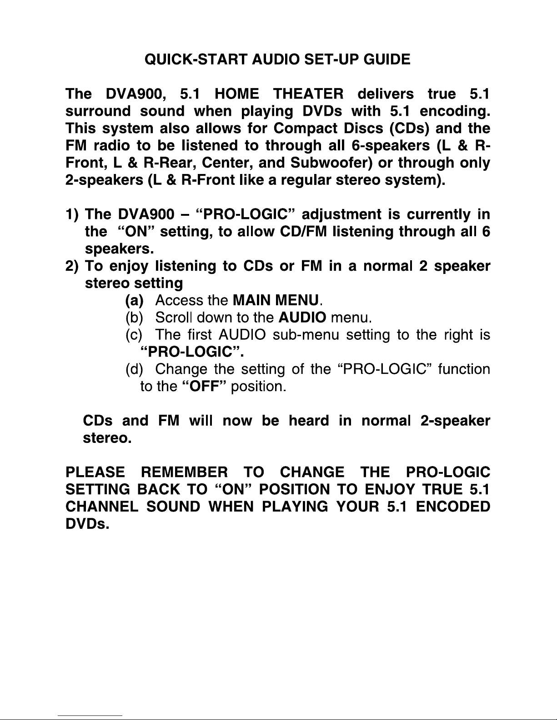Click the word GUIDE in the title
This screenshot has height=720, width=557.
click(x=387, y=60)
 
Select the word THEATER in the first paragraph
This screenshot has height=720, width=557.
click(x=308, y=94)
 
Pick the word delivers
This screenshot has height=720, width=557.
click(x=386, y=94)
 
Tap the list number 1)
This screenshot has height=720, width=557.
click(x=72, y=214)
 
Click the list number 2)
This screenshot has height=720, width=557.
click(x=72, y=266)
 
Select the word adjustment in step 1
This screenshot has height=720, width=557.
click(x=341, y=215)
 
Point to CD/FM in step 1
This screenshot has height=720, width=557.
click(x=303, y=232)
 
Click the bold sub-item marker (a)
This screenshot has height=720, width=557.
click(x=134, y=301)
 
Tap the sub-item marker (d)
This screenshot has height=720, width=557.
click(x=134, y=369)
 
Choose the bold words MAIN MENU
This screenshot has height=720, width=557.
click(x=276, y=300)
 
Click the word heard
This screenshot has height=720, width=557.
click(x=309, y=421)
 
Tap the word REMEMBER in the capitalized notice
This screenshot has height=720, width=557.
click(x=184, y=472)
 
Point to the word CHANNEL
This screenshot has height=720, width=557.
click(x=102, y=506)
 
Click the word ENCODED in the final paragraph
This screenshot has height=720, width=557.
click(x=453, y=506)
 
